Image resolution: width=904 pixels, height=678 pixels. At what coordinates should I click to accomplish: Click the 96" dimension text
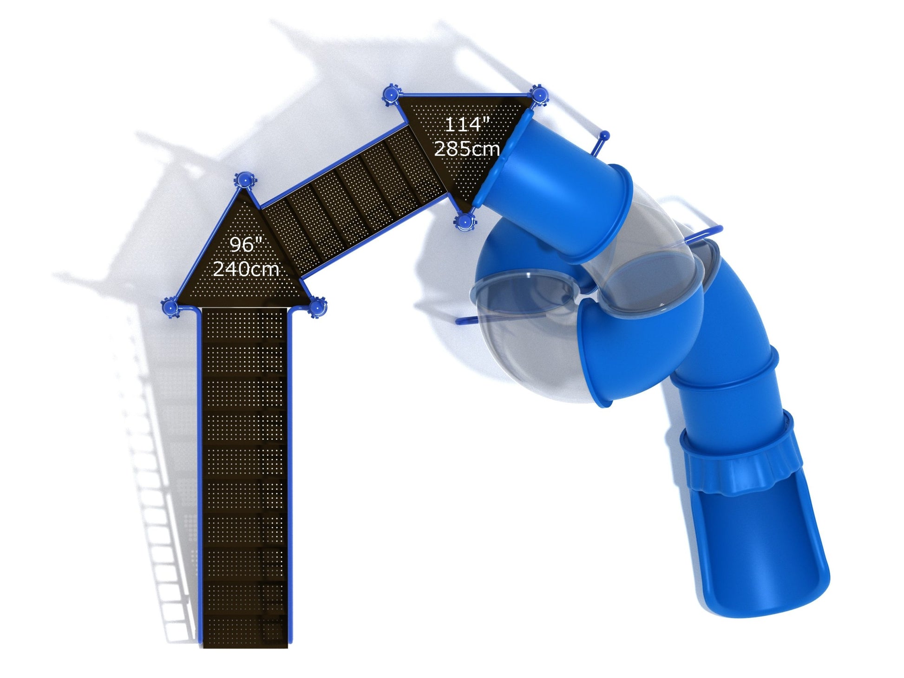pyautogui.click(x=246, y=245)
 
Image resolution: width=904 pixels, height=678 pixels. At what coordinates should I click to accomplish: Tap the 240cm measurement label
pyautogui.click(x=246, y=269)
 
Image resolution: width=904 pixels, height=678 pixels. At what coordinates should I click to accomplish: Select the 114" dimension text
pyautogui.click(x=467, y=124)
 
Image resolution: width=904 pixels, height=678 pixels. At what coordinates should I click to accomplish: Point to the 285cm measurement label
pyautogui.click(x=467, y=148)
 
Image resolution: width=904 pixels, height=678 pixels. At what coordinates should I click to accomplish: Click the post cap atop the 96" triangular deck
pyautogui.click(x=244, y=179)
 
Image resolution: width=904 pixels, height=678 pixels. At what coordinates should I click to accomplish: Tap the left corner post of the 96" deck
pyautogui.click(x=170, y=307)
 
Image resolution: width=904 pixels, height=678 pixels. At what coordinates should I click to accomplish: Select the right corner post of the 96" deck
pyautogui.click(x=317, y=307)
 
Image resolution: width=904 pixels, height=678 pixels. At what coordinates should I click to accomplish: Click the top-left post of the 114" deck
pyautogui.click(x=391, y=95)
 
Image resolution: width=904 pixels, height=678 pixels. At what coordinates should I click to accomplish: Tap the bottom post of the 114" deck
pyautogui.click(x=464, y=222)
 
